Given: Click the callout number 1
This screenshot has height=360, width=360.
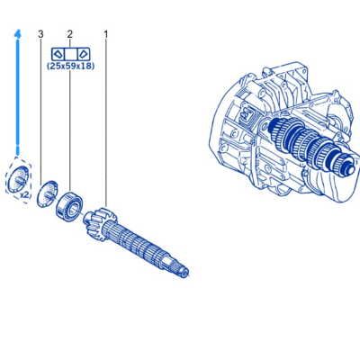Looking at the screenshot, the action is tap(106, 34).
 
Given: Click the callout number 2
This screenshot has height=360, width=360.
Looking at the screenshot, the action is tap(70, 34).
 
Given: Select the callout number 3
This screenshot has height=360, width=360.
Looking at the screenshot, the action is tap(40, 34).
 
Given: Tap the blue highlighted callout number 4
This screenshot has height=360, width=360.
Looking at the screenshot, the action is tap(18, 34).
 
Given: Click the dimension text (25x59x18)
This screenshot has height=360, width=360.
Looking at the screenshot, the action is tap(71, 66).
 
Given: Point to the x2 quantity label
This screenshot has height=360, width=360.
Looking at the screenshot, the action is tap(25, 195).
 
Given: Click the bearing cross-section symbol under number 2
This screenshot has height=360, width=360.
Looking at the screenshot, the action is tap(70, 54).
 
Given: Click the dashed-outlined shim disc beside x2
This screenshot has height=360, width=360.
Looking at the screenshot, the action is tap(17, 179).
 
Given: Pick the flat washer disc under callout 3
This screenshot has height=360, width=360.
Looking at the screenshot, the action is tap(47, 193).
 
